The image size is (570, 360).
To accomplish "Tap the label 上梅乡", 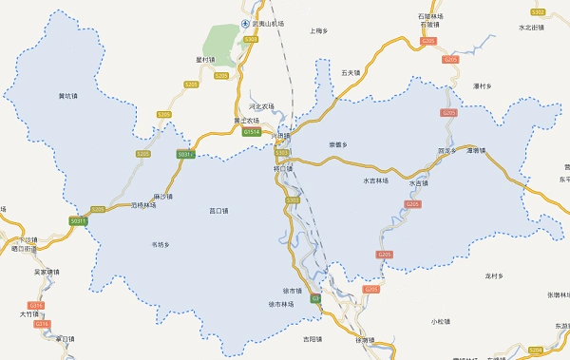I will (319, 31).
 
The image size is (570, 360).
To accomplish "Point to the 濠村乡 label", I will (482, 86).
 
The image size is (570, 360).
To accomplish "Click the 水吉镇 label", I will (419, 182).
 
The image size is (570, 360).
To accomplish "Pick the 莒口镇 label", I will (218, 211).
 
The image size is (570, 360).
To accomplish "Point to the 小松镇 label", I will (438, 321).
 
